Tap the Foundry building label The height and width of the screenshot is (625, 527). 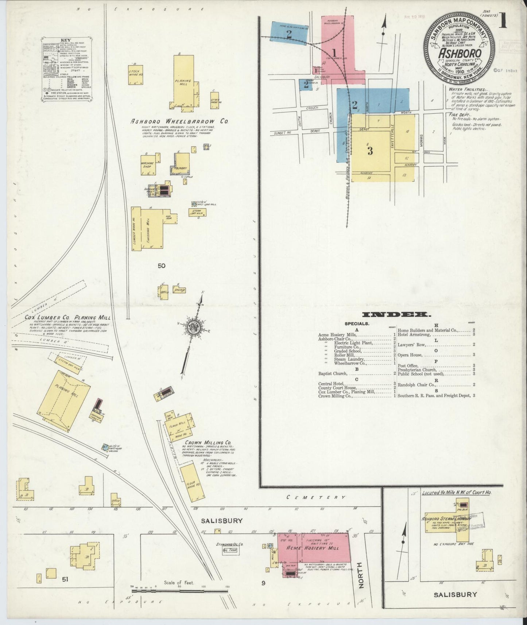pos(181,168)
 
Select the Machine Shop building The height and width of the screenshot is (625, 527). pos(148,165)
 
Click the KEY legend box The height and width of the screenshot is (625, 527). pos(66,69)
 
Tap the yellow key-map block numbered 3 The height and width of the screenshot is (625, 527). pos(370,151)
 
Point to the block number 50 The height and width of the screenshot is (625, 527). pos(161,266)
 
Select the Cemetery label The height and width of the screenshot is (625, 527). pos(315,497)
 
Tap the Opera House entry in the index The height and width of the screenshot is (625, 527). pos(410,355)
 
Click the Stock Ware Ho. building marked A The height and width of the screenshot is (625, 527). pos(135,75)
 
